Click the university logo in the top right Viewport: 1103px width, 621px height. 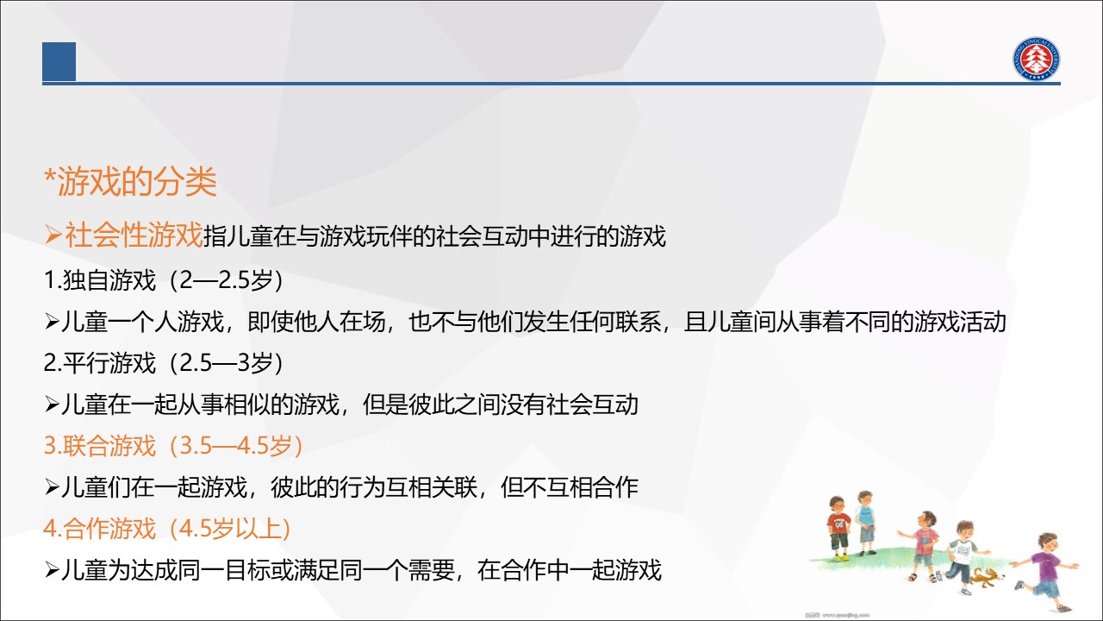[1036, 59]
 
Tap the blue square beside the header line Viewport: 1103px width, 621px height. [59, 61]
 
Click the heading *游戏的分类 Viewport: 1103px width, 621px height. [130, 182]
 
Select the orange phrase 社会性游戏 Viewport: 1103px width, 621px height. [134, 235]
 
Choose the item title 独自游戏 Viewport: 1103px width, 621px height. [109, 280]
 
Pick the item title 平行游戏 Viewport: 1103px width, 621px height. [109, 363]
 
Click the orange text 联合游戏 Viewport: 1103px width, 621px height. [109, 446]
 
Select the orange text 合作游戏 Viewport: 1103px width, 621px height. [109, 529]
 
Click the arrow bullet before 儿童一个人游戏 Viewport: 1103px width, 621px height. [52, 322]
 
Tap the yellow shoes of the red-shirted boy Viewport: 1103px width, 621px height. [840, 558]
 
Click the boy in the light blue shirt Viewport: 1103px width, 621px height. [865, 523]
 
